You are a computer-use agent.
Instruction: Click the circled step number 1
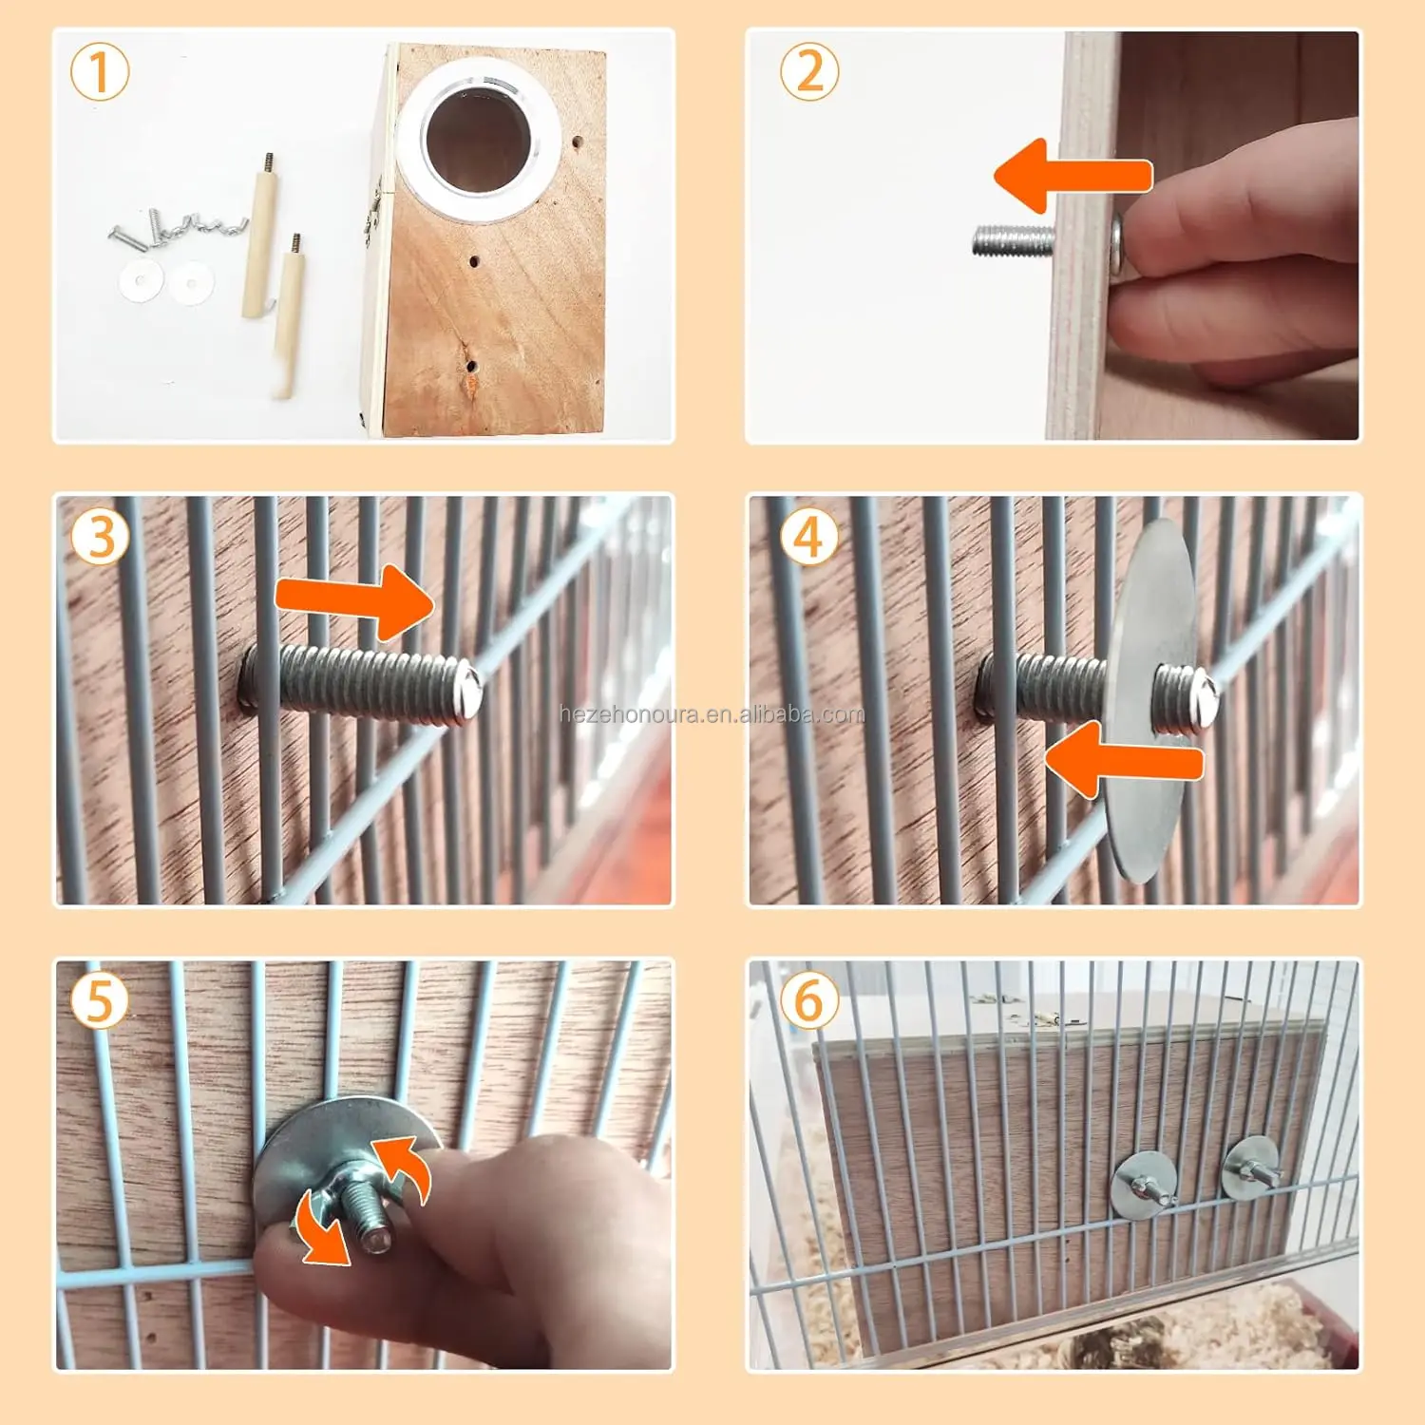click(x=100, y=73)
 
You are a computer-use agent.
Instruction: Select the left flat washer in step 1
click(x=141, y=281)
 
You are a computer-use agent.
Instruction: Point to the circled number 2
click(x=809, y=72)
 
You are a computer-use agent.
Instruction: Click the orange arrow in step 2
click(x=1073, y=176)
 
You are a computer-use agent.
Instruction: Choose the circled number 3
click(x=100, y=537)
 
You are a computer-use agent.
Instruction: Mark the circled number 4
click(x=809, y=537)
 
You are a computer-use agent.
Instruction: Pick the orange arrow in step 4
click(x=1124, y=760)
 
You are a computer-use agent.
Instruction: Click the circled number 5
click(x=100, y=1001)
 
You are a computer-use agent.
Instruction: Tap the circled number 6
click(x=809, y=1001)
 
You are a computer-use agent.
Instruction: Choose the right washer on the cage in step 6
click(x=1250, y=1168)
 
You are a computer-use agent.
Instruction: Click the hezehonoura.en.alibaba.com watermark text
click(x=712, y=713)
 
